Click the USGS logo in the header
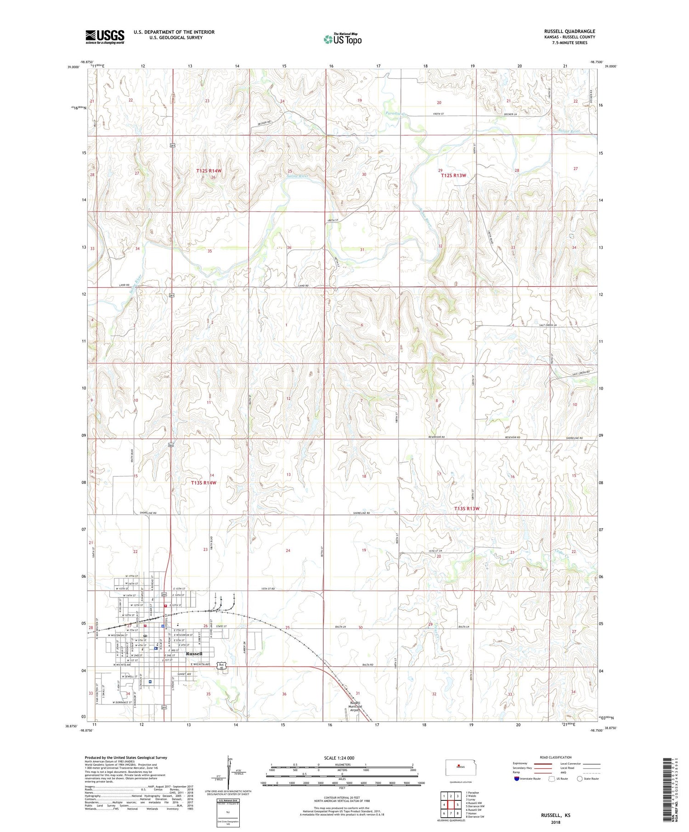pyautogui.click(x=105, y=37)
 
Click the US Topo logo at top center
pyautogui.click(x=342, y=39)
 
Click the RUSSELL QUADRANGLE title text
pyautogui.click(x=569, y=31)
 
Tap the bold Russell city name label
pyautogui.click(x=194, y=653)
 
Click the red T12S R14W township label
pyautogui.click(x=209, y=171)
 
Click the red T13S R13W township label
pyautogui.click(x=467, y=508)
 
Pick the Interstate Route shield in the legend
pyautogui.click(x=517, y=779)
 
